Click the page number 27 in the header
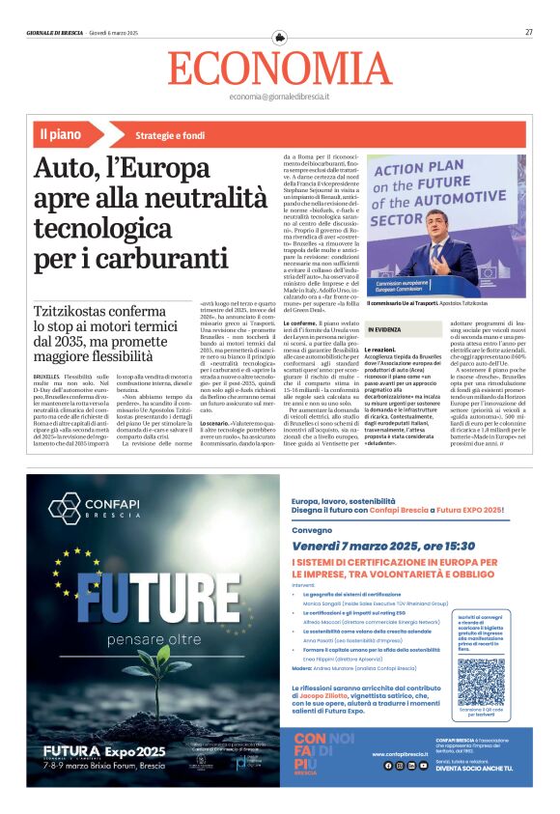coord(529,32)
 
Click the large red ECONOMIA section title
coord(280,69)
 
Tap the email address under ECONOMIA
coord(280,98)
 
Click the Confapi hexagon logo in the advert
coord(66,507)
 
